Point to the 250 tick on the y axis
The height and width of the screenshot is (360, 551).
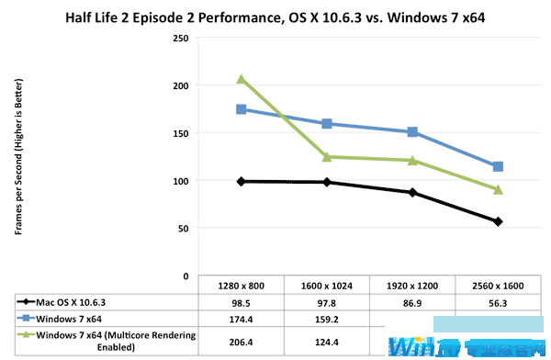(x=181, y=39)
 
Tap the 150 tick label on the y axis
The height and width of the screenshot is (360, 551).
(x=181, y=133)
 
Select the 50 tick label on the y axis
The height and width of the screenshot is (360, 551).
(x=184, y=229)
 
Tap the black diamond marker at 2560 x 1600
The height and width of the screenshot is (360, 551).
(x=498, y=221)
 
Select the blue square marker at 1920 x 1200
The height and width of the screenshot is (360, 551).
(x=412, y=132)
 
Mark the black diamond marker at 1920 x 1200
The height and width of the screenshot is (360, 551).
(x=412, y=193)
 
